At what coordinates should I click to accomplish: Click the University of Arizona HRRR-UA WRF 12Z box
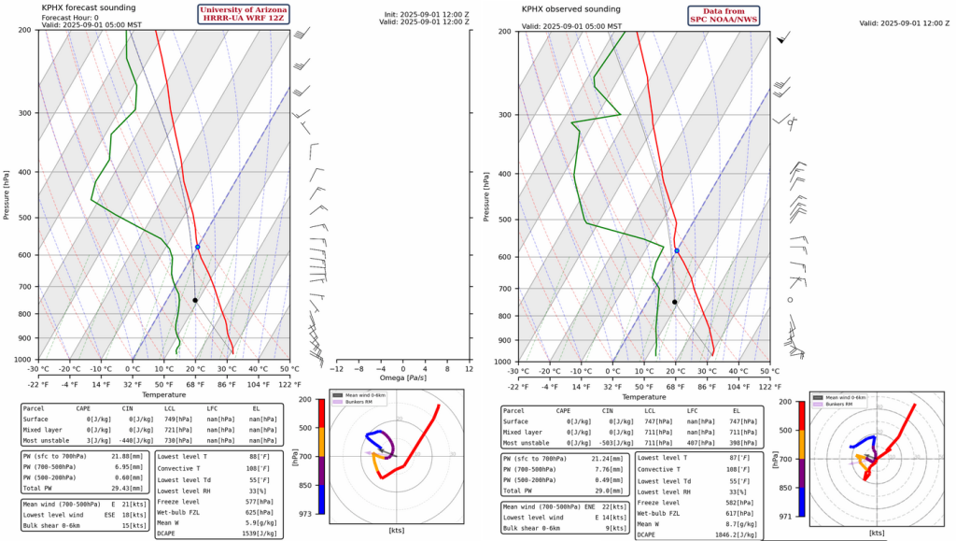(x=242, y=14)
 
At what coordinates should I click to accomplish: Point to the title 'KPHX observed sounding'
(x=569, y=8)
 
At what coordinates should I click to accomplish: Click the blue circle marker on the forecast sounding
(x=198, y=247)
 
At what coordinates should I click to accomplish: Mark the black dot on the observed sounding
(x=674, y=302)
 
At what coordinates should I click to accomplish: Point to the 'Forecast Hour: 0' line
(x=70, y=17)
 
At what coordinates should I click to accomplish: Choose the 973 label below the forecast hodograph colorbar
(x=306, y=513)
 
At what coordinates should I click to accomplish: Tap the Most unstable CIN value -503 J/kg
(x=587, y=442)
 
